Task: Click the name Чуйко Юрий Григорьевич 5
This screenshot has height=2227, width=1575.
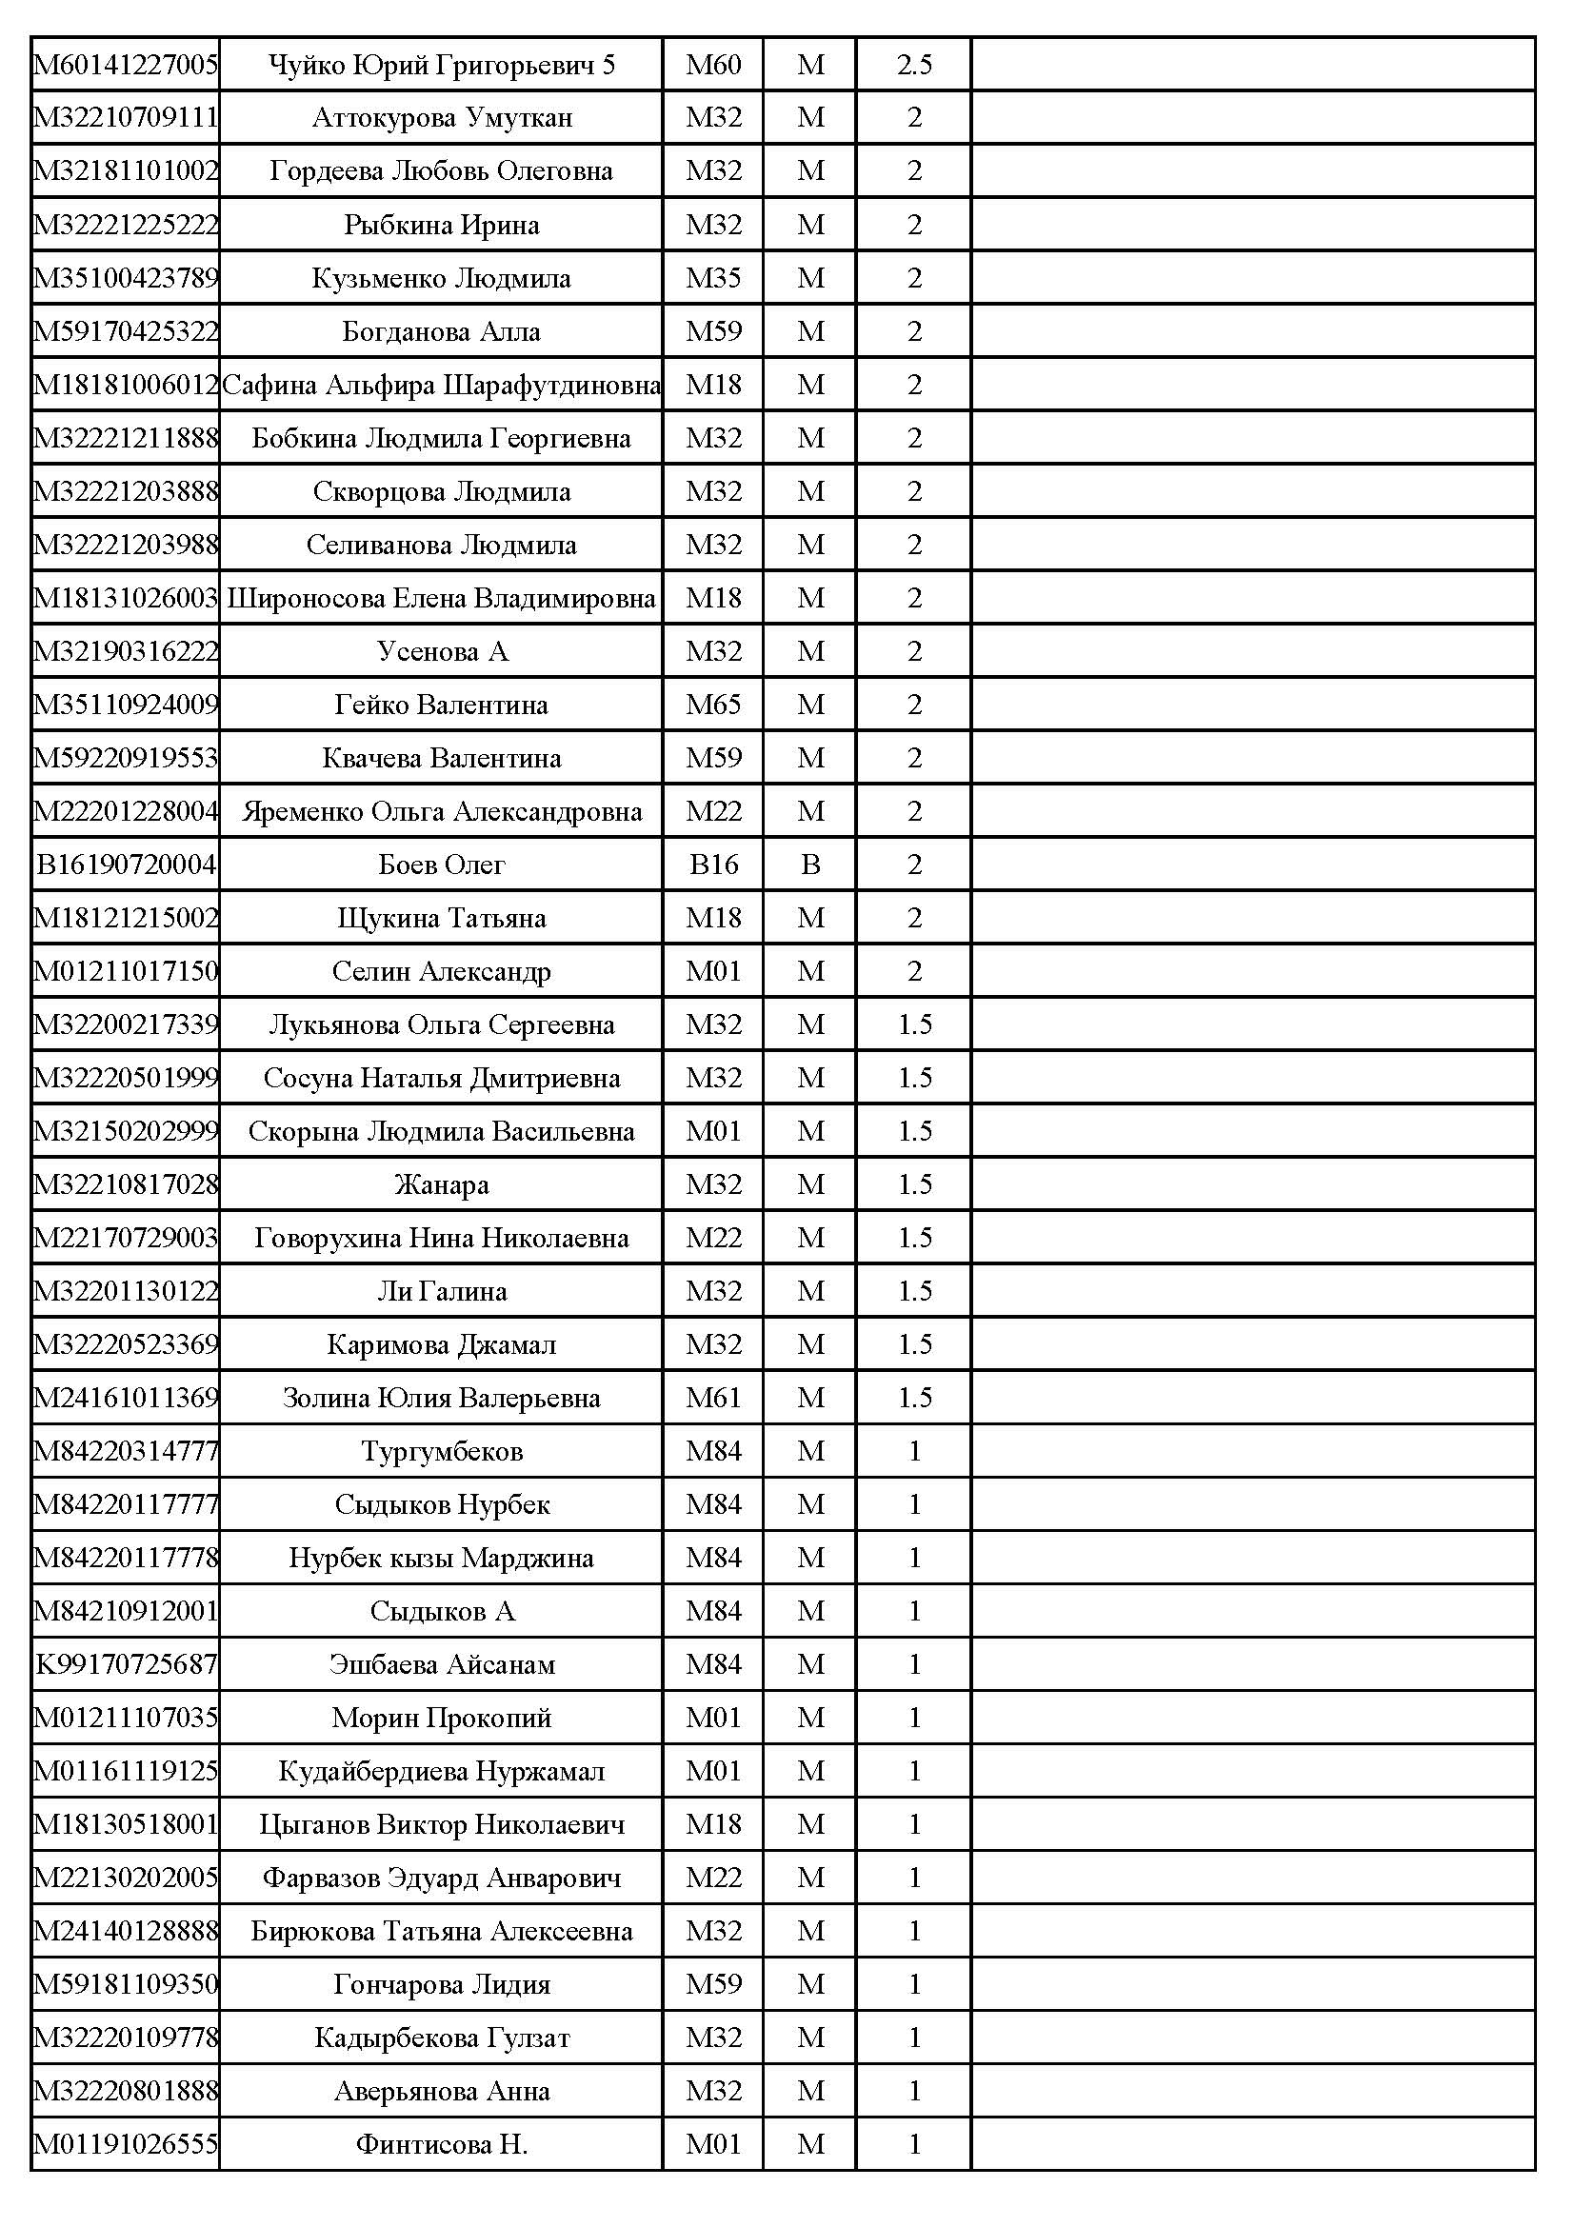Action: pyautogui.click(x=441, y=65)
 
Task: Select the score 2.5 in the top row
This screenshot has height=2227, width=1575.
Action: pyautogui.click(x=913, y=65)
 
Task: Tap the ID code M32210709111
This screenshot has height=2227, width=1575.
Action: pyautogui.click(x=126, y=118)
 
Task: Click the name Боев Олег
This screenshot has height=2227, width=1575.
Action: pyautogui.click(x=441, y=865)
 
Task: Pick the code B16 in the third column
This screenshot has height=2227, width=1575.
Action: pyautogui.click(x=713, y=865)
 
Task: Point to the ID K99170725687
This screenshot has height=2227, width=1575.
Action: pyautogui.click(x=126, y=1664)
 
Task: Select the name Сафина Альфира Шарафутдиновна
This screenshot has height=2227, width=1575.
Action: pyautogui.click(x=441, y=385)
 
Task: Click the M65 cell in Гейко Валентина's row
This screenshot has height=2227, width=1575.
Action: pyautogui.click(x=713, y=705)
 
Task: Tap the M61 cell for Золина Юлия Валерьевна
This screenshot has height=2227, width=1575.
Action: pyautogui.click(x=713, y=1398)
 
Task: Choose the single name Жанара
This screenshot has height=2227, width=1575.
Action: pyautogui.click(x=441, y=1184)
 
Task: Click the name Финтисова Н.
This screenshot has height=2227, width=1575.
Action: pyautogui.click(x=441, y=2144)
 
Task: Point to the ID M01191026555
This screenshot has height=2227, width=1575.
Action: pyautogui.click(x=126, y=2144)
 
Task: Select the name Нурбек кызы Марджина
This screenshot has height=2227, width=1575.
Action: pyautogui.click(x=441, y=1558)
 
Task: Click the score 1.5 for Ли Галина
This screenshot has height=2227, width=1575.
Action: pyautogui.click(x=913, y=1291)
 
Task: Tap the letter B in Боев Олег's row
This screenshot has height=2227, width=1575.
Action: pyautogui.click(x=809, y=865)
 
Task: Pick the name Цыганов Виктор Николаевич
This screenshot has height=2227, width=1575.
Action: pyautogui.click(x=441, y=1824)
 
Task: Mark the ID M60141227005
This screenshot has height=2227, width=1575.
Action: pyautogui.click(x=126, y=65)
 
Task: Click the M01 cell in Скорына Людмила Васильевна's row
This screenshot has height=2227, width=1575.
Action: pyautogui.click(x=713, y=1131)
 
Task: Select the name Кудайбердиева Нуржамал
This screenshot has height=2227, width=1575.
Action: pyautogui.click(x=441, y=1771)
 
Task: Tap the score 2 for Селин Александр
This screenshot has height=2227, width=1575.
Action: pyautogui.click(x=913, y=971)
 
